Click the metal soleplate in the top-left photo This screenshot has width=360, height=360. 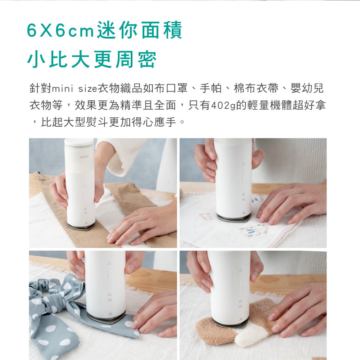pos(81,226)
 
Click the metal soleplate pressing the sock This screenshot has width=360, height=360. pos(230,323)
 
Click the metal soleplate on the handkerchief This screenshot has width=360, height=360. pos(234,218)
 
